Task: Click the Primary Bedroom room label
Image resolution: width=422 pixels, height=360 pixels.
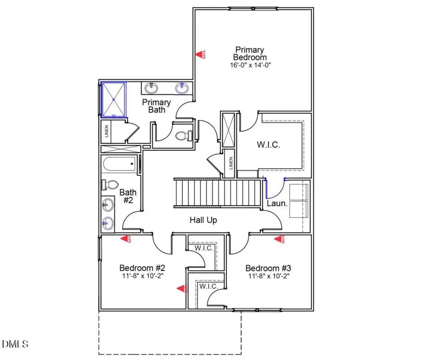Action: click(250, 53)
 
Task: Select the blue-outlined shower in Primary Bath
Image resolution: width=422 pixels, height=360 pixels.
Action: click(114, 99)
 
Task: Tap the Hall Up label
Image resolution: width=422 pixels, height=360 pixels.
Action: click(203, 219)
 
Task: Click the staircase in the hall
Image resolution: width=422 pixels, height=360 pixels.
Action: click(217, 193)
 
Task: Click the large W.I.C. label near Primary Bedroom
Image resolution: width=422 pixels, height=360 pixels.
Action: click(269, 145)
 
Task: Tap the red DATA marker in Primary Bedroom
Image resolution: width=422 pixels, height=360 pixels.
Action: click(200, 54)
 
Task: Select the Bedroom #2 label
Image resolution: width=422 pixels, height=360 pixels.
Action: click(142, 268)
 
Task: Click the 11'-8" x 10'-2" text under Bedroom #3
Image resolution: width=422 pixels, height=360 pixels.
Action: click(269, 277)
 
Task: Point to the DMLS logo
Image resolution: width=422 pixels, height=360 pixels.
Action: click(15, 344)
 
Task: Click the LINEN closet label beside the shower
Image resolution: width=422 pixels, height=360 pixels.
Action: click(106, 132)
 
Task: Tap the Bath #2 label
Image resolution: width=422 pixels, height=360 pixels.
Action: click(128, 196)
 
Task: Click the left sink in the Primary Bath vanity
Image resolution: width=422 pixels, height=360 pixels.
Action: click(151, 88)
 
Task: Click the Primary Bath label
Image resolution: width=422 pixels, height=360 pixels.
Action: click(157, 106)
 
